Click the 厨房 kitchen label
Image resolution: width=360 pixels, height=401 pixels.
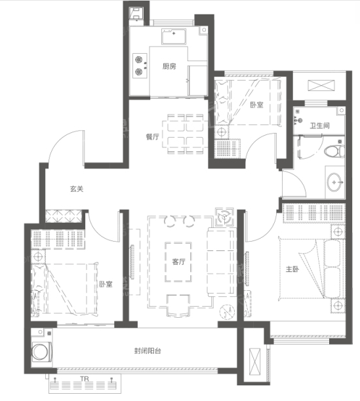pyautogui.click(x=169, y=66)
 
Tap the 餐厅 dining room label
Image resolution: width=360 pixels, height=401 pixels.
pyautogui.click(x=153, y=137)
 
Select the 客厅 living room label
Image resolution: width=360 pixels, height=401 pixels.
pyautogui.click(x=178, y=261)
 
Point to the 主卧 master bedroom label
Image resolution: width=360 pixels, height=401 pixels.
pyautogui.click(x=292, y=269)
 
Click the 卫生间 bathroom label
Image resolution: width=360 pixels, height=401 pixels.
pyautogui.click(x=319, y=126)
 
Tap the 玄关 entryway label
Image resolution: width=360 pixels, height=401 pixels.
pyautogui.click(x=77, y=189)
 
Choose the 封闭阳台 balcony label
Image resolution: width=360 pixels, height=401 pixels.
pyautogui.click(x=148, y=351)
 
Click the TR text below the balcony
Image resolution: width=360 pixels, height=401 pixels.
pyautogui.click(x=84, y=379)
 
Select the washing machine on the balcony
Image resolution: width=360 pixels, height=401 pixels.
pyautogui.click(x=42, y=353)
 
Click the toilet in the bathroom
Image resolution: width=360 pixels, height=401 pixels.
pyautogui.click(x=334, y=151)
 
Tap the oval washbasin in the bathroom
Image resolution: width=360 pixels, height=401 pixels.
pyautogui.click(x=334, y=182)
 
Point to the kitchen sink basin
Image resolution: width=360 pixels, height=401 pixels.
pyautogui.click(x=174, y=37)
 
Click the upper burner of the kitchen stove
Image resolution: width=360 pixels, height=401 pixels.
pyautogui.click(x=138, y=60)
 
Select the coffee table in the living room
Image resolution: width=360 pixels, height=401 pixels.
pyautogui.click(x=178, y=262)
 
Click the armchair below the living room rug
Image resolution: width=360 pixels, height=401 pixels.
pyautogui.click(x=178, y=305)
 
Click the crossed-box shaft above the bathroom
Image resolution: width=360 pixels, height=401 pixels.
pyautogui.click(x=321, y=85)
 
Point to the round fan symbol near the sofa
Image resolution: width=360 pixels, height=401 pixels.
pyautogui.click(x=224, y=217)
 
